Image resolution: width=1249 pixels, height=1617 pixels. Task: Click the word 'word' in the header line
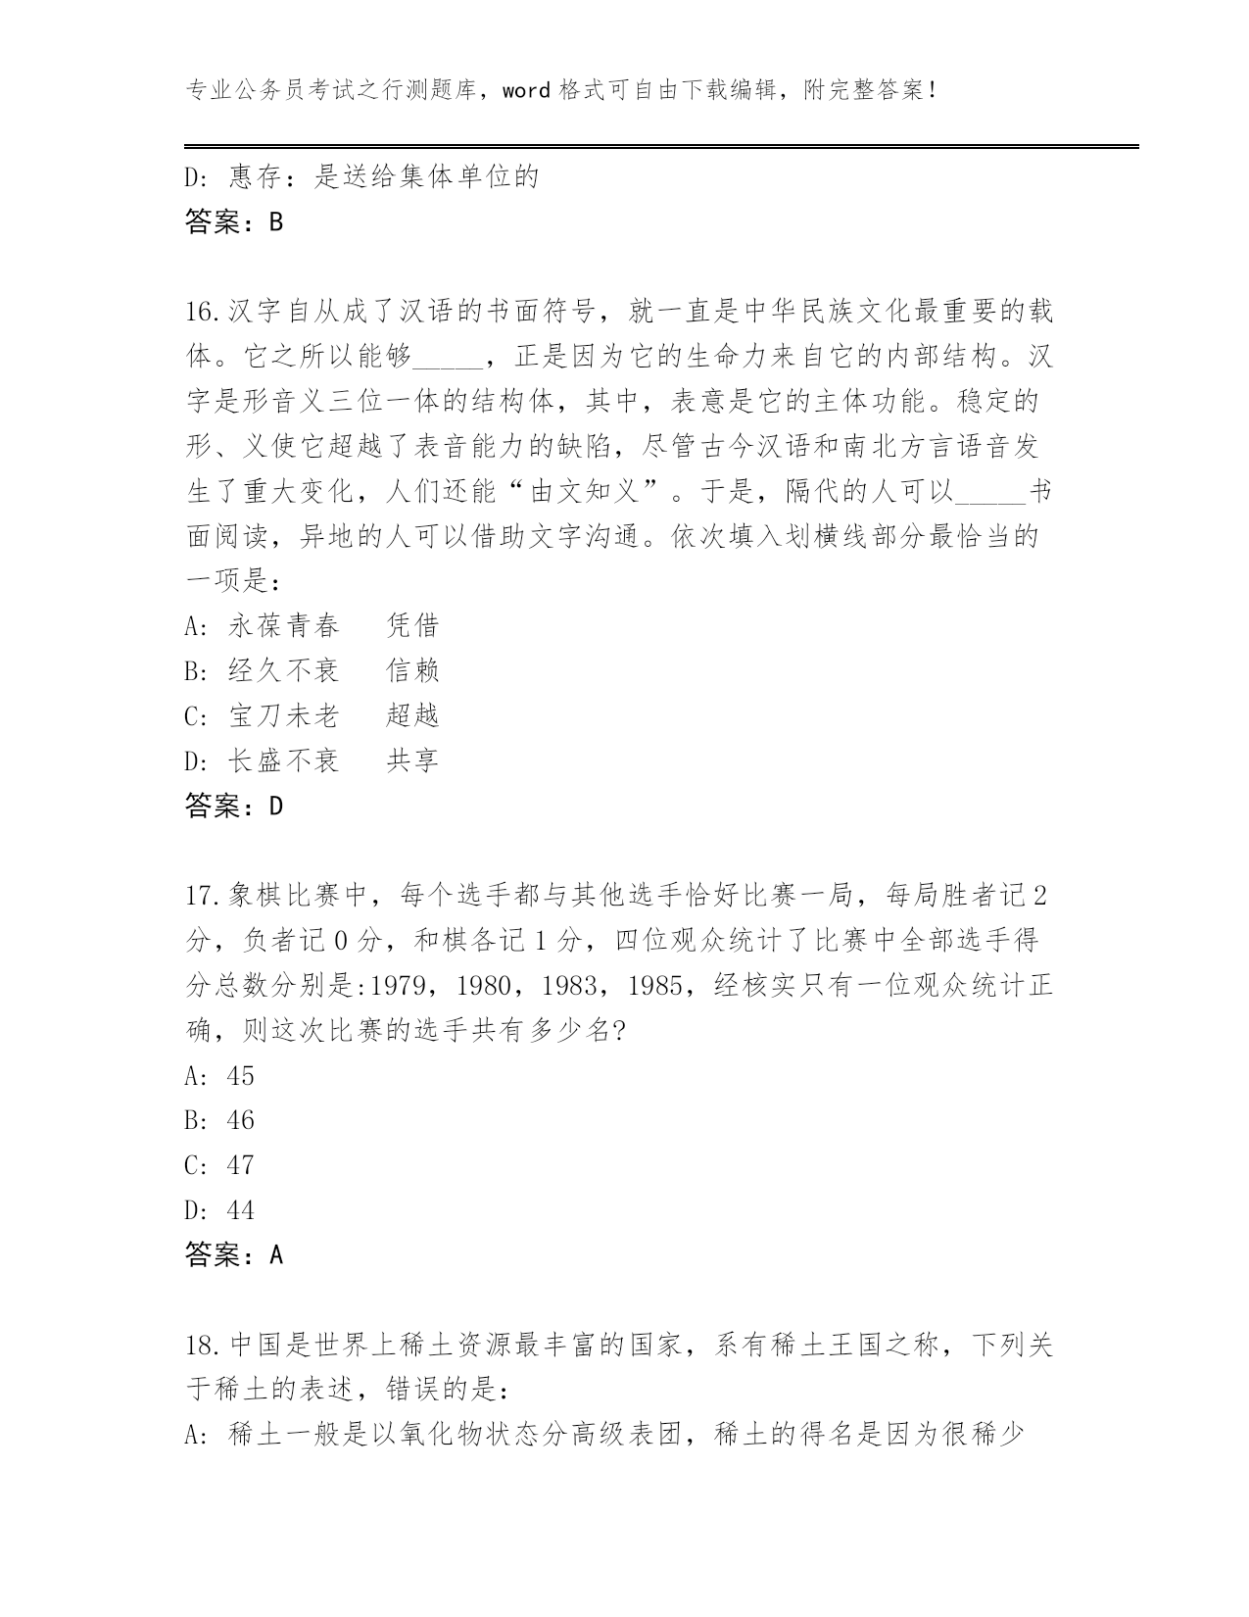pos(527,91)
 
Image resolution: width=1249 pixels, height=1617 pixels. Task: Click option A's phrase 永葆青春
pos(284,625)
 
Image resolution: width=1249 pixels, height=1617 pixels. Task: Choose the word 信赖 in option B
pos(412,670)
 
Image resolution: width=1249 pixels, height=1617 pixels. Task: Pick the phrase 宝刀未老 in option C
pos(284,715)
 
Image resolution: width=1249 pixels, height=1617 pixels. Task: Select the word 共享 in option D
pos(412,760)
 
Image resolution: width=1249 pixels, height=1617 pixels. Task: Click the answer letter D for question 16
pos(275,807)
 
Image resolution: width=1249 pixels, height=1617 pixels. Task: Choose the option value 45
pos(240,1076)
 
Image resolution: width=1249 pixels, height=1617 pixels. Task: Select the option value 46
pos(240,1120)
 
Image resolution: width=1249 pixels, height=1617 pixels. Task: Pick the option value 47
pos(240,1165)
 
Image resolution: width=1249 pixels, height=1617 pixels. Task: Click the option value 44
pos(240,1210)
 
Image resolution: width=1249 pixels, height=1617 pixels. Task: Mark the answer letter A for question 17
pos(275,1255)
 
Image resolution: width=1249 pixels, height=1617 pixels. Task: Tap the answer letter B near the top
pos(275,222)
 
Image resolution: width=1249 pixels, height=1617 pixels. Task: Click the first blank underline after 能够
pos(448,357)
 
